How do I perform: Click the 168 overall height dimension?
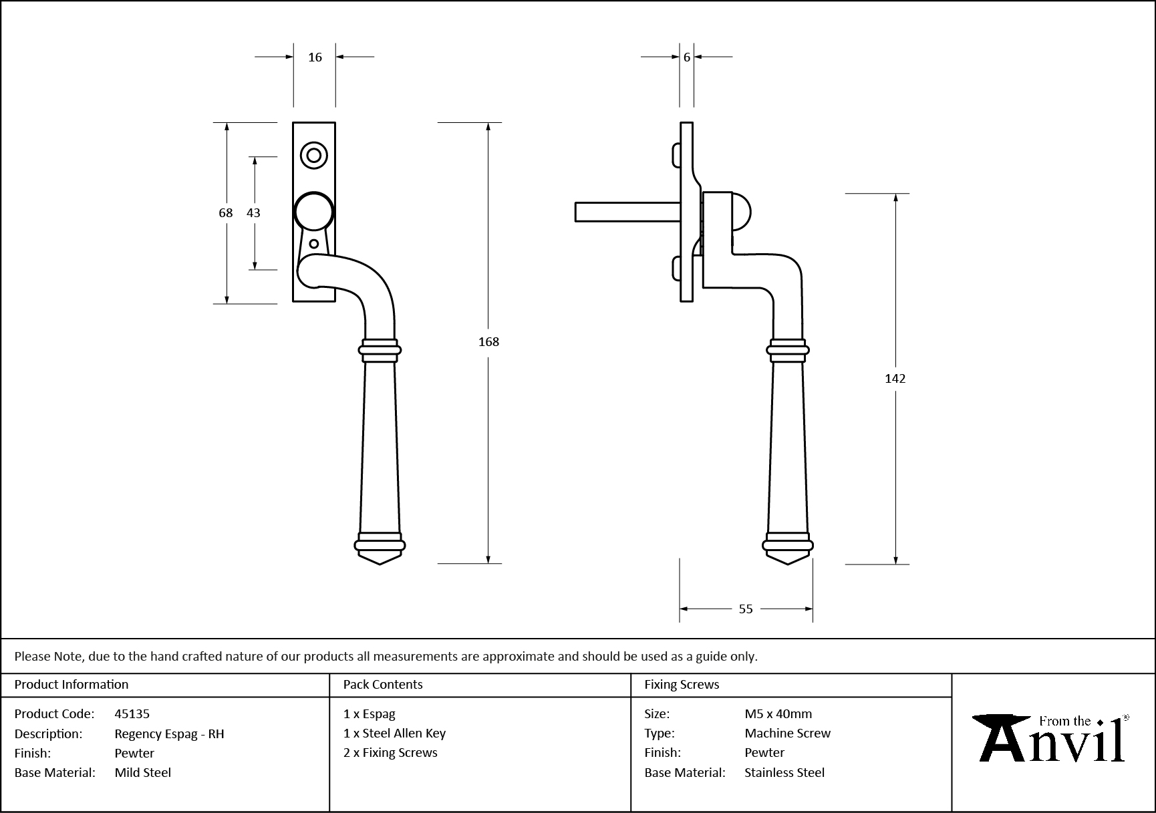point(488,341)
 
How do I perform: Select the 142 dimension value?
point(895,379)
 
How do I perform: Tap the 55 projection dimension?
point(746,609)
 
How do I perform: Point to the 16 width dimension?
point(315,57)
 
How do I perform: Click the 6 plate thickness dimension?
point(687,57)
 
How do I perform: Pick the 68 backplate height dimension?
point(226,212)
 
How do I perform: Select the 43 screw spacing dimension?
point(253,212)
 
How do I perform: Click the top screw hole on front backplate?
point(313,156)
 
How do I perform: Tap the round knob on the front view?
point(313,212)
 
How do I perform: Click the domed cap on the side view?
point(741,212)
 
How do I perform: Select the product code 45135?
point(132,713)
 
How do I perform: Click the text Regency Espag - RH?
point(169,734)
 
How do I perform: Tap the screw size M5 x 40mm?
point(778,713)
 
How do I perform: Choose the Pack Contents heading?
point(383,684)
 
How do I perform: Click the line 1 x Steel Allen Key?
point(394,733)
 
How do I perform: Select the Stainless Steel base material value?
point(784,772)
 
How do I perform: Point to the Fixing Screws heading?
point(682,684)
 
